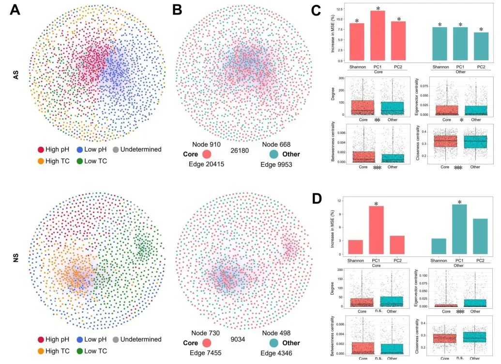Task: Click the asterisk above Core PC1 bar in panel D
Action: pyautogui.click(x=378, y=201)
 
